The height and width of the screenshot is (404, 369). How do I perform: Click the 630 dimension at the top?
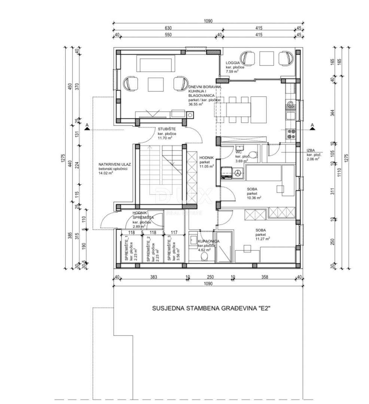point(168,28)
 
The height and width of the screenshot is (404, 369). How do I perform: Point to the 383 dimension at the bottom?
point(153,277)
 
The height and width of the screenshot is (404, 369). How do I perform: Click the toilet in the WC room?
point(254,154)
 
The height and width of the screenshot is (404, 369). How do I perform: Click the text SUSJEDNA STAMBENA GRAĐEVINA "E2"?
point(211,309)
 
